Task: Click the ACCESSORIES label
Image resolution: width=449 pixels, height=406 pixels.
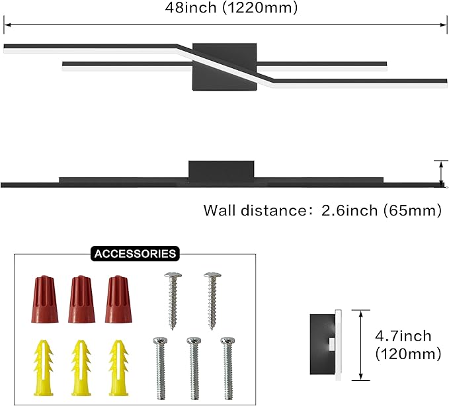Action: (x=135, y=254)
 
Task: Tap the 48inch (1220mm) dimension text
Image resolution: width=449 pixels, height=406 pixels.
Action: (x=231, y=7)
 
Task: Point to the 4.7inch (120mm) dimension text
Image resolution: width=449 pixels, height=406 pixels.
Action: (x=408, y=345)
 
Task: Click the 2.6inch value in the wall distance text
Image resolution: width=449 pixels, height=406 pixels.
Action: (x=350, y=210)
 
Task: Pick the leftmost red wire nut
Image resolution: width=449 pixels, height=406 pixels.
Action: (x=45, y=299)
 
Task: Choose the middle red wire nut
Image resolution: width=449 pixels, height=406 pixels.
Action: (x=81, y=299)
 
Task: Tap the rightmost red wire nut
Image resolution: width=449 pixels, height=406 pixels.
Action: (x=118, y=299)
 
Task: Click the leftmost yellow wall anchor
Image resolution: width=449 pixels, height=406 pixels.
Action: (x=44, y=368)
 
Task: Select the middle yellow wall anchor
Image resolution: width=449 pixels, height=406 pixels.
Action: (x=81, y=368)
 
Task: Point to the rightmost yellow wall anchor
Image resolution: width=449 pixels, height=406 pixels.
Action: (x=118, y=368)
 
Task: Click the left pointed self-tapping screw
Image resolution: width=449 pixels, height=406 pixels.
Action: (x=173, y=301)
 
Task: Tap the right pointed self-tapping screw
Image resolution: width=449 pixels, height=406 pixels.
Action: (x=212, y=301)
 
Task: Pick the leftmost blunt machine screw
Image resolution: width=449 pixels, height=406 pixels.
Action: (x=160, y=368)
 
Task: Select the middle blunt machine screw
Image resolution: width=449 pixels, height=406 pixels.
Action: (x=194, y=368)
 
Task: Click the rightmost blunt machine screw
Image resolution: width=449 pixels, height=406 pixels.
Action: (x=228, y=368)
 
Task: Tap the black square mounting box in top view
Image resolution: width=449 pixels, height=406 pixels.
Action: (x=225, y=67)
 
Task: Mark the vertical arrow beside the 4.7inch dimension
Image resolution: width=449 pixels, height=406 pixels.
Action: (x=361, y=345)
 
